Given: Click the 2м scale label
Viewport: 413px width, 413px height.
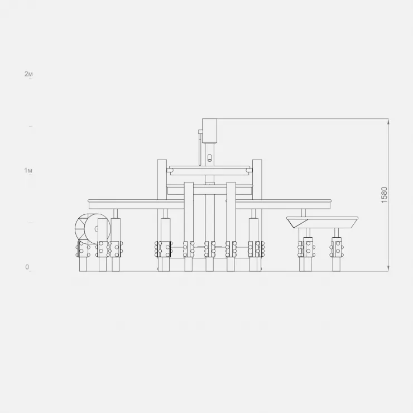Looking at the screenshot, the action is pyautogui.click(x=28, y=74).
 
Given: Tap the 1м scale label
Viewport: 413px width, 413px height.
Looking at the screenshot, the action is pyautogui.click(x=28, y=170).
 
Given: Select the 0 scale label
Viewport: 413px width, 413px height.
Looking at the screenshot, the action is pyautogui.click(x=27, y=267).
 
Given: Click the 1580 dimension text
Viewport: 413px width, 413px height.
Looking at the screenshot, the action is pyautogui.click(x=385, y=195).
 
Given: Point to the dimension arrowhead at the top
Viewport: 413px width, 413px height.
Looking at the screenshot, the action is pyautogui.click(x=388, y=122).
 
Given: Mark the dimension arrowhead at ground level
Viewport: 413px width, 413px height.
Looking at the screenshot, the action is pyautogui.click(x=388, y=268).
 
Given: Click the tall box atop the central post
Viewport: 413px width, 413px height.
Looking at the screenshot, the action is pyautogui.click(x=210, y=131).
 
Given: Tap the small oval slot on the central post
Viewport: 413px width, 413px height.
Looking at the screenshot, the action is pyautogui.click(x=210, y=158).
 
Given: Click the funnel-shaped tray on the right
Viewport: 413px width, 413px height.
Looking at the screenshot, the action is pyautogui.click(x=322, y=222).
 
